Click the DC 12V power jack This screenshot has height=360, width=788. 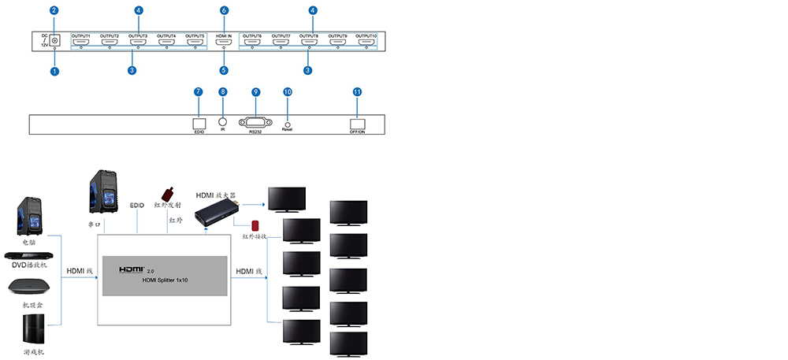(55, 41)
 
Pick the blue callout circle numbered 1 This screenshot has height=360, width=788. (54, 71)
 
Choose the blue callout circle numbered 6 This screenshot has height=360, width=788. (224, 10)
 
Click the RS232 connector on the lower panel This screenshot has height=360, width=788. (255, 124)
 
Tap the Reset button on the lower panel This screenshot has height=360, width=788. (287, 123)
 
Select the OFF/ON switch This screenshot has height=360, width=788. (359, 124)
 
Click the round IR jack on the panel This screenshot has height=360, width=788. (223, 123)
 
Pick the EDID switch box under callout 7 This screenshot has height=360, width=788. (199, 123)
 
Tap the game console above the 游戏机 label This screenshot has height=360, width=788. (32, 328)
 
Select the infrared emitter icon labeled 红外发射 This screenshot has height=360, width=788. (168, 194)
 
